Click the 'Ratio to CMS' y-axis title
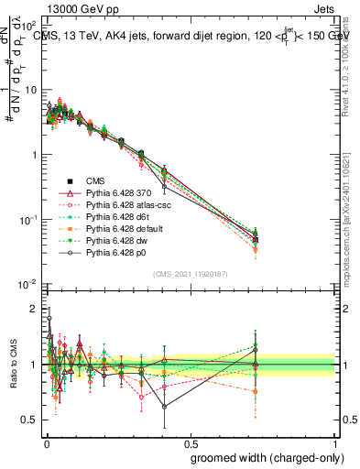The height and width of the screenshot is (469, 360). click(13, 365)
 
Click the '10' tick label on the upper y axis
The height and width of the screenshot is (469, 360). click(30, 90)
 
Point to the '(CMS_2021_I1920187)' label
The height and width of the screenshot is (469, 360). click(190, 273)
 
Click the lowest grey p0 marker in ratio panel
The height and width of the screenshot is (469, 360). click(164, 407)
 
